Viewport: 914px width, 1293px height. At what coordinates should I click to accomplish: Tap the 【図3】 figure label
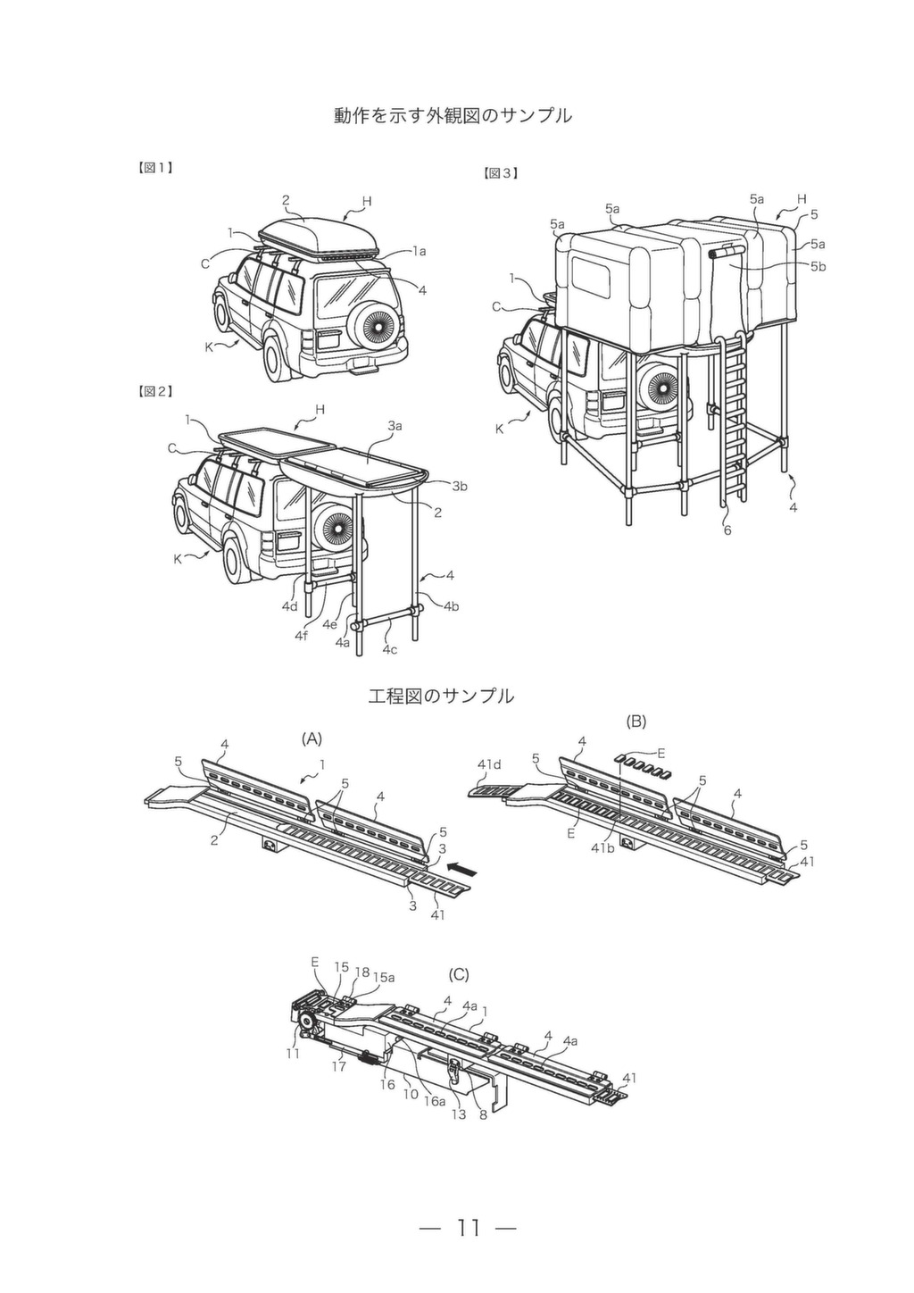point(500,172)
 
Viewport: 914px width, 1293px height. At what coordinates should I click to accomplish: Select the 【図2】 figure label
point(155,391)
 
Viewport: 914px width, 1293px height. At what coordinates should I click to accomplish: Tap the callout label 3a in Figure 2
point(395,427)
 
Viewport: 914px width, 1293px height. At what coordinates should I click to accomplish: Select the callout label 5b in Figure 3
point(818,267)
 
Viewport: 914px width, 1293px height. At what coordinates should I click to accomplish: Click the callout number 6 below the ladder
point(727,530)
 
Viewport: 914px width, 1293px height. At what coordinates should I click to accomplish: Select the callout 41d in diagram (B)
point(489,765)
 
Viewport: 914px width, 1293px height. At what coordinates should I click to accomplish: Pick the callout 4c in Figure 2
point(389,649)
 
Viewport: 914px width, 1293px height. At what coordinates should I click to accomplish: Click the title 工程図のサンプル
point(441,697)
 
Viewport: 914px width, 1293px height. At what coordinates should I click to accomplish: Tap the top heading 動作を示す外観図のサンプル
point(453,115)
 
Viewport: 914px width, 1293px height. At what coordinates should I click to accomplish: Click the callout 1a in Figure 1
point(419,251)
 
